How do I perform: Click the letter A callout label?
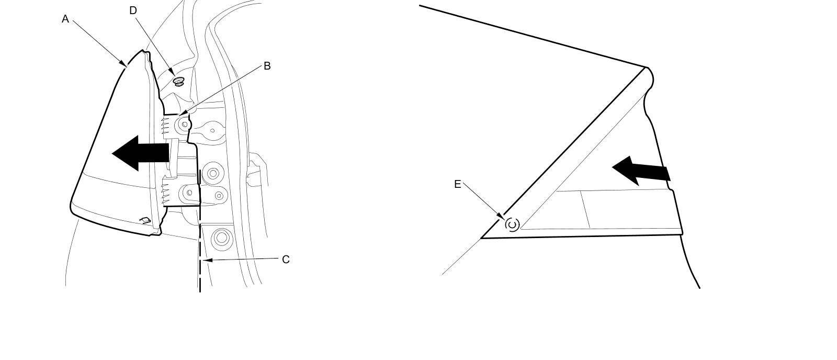65,19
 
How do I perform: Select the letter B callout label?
267,66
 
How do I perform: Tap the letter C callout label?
286,260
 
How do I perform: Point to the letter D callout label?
133,10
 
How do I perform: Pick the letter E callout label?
458,184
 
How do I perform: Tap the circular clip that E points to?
512,225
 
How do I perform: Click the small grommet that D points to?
179,81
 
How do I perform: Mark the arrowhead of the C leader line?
205,260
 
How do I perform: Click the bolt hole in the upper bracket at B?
185,125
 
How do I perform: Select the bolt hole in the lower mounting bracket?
189,193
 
